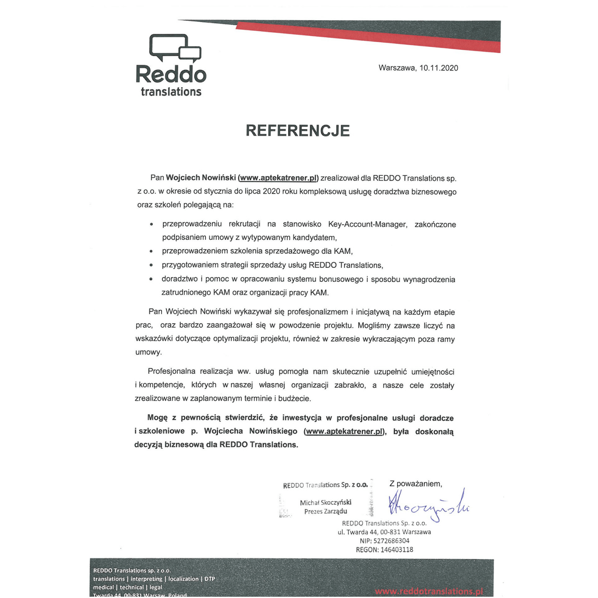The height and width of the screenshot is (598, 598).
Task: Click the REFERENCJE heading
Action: [298, 131]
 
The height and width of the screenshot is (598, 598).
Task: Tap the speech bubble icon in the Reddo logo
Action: [175, 48]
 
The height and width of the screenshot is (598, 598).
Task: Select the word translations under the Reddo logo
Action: [171, 92]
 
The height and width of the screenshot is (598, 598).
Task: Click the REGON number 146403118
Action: [397, 550]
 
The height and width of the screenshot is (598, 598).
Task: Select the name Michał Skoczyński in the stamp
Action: [325, 503]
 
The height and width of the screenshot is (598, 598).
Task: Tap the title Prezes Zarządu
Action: [325, 512]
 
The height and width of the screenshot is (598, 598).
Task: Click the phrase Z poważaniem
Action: [415, 484]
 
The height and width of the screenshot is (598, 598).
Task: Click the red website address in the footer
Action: [429, 591]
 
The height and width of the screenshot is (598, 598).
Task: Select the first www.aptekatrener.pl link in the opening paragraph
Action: [278, 178]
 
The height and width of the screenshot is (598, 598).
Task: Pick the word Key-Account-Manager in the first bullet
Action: [367, 224]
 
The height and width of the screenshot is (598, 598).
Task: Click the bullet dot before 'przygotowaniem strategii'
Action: [151, 266]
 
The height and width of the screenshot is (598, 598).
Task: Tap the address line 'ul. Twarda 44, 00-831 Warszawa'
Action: [384, 532]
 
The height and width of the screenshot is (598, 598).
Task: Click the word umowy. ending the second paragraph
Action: [148, 352]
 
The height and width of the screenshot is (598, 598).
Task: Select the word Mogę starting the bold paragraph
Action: [157, 418]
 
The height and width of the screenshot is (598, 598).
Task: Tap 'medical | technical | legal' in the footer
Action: [127, 587]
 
